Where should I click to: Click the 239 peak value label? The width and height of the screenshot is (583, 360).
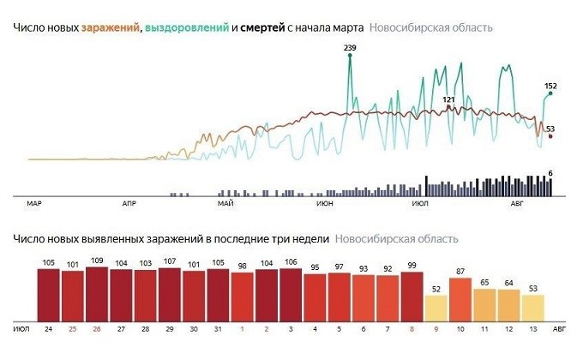pyautogui.click(x=350, y=48)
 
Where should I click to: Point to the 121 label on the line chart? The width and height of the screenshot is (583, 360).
pyautogui.click(x=448, y=99)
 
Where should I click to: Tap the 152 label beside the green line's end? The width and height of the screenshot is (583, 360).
pyautogui.click(x=551, y=86)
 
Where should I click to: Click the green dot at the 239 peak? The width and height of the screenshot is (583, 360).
pyautogui.click(x=350, y=57)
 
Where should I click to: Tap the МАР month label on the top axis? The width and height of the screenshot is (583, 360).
pyautogui.click(x=34, y=204)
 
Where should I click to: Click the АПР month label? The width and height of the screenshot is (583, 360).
pyautogui.click(x=130, y=204)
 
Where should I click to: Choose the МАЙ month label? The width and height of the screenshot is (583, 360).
pyautogui.click(x=226, y=204)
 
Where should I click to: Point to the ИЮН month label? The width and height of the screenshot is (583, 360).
pyautogui.click(x=325, y=204)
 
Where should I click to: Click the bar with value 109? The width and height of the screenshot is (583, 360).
pyautogui.click(x=97, y=293)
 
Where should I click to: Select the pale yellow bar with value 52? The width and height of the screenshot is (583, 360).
pyautogui.click(x=436, y=307)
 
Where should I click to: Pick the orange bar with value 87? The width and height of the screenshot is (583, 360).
pyautogui.click(x=460, y=297)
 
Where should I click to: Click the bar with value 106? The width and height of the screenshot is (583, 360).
pyautogui.click(x=291, y=294)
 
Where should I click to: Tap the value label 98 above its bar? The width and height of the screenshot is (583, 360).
pyautogui.click(x=243, y=264)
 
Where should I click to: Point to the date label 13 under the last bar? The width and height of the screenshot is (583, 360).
pyautogui.click(x=533, y=329)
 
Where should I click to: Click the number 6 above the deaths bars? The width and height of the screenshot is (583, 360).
pyautogui.click(x=550, y=174)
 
